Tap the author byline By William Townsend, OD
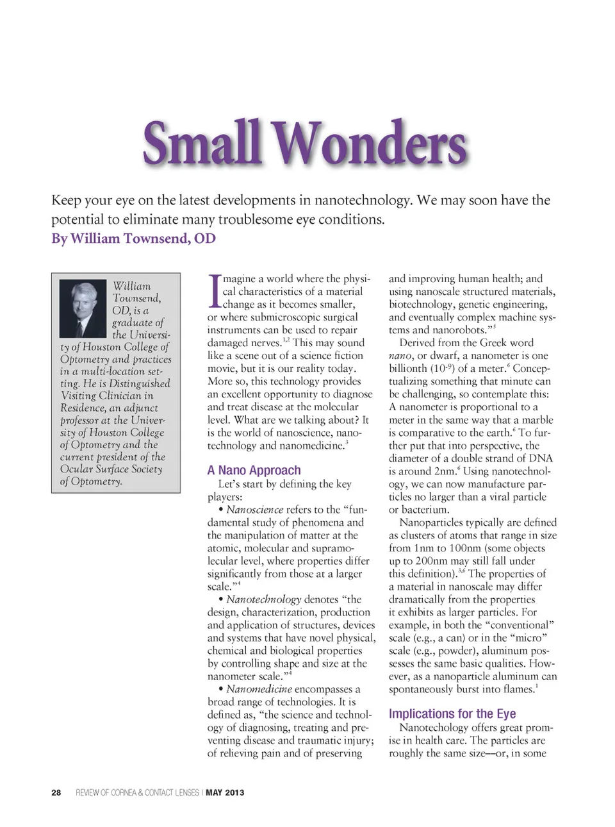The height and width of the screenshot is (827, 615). pyautogui.click(x=133, y=238)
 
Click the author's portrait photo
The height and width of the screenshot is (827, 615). pyautogui.click(x=83, y=308)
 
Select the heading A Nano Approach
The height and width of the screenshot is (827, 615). pyautogui.click(x=254, y=470)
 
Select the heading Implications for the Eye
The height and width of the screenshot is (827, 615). pyautogui.click(x=452, y=714)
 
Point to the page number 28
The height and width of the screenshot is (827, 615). pyautogui.click(x=56, y=792)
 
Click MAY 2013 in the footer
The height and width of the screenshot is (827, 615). pyautogui.click(x=225, y=792)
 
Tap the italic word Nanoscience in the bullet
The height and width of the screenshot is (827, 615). pyautogui.click(x=254, y=510)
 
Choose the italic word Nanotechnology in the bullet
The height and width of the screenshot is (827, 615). pyautogui.click(x=263, y=599)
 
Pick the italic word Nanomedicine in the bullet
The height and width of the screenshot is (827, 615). pyautogui.click(x=259, y=689)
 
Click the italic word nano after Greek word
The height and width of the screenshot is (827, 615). pyautogui.click(x=400, y=356)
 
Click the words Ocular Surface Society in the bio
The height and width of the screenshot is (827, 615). pyautogui.click(x=111, y=469)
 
